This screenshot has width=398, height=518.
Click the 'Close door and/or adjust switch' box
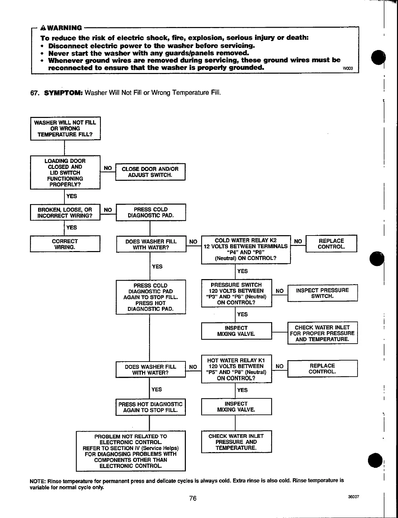coord(150,172)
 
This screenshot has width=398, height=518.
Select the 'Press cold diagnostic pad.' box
coord(151,212)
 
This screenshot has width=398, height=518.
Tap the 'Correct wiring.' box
coord(65,244)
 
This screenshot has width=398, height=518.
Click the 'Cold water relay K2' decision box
coord(246,249)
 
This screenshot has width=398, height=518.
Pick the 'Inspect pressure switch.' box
coord(322,293)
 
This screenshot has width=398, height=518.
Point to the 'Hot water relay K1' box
coord(236,369)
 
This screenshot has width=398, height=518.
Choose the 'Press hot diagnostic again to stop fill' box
coord(150,407)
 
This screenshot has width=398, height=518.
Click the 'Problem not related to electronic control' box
coord(131,451)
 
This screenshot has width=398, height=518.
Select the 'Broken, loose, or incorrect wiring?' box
coord(65,213)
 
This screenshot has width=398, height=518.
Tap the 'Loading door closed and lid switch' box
coord(65,172)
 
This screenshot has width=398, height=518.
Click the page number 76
coord(193,498)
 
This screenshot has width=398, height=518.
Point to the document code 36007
coord(353,497)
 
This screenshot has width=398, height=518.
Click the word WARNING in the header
coord(65,28)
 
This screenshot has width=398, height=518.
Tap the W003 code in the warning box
coord(347,69)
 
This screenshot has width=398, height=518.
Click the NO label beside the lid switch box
coord(108,168)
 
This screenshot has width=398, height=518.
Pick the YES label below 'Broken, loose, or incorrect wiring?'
coord(72,227)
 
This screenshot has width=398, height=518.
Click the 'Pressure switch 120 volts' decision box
coord(236,293)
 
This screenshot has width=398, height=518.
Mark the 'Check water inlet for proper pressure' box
coord(322,333)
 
